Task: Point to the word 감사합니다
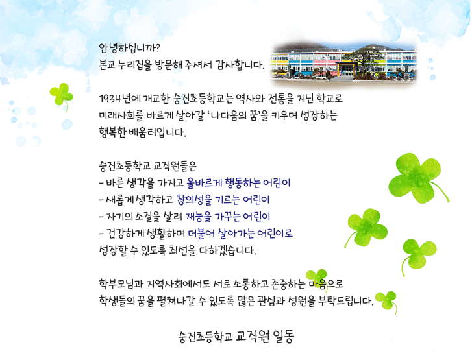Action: pos(238,65)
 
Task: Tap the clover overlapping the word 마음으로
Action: pos(317,276)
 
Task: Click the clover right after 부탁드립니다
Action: pos(386,300)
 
